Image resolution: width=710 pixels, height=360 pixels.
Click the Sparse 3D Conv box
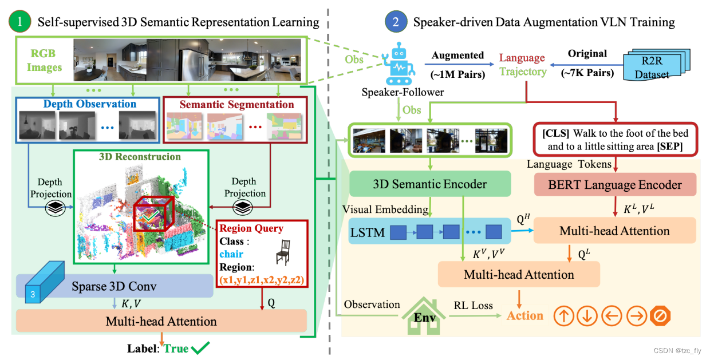point(115,285)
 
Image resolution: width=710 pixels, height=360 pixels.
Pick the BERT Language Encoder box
point(615,185)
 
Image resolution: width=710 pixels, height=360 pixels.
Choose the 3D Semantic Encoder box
point(430,184)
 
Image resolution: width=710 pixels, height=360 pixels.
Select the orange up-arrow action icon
point(564,316)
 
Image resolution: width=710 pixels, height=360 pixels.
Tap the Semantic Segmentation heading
point(236,104)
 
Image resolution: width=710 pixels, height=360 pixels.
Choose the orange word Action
point(524,316)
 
